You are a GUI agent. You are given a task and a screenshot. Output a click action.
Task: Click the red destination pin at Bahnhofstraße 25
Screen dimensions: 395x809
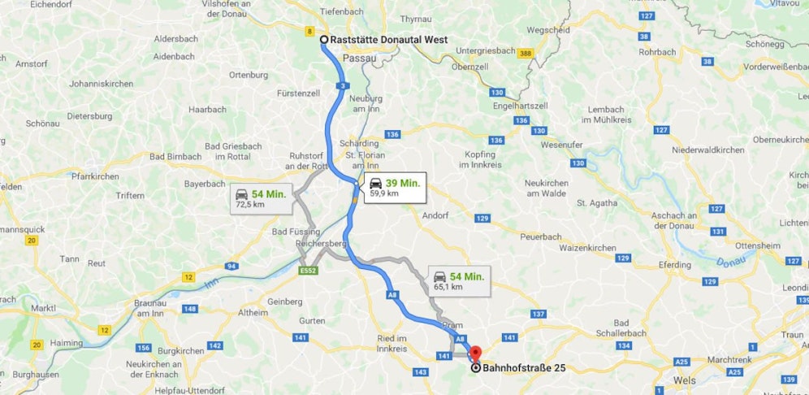pyautogui.click(x=475, y=353)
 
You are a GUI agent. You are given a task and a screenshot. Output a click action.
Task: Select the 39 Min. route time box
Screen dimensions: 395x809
pyautogui.click(x=394, y=187)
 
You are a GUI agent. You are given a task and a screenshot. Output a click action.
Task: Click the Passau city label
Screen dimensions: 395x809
pyautogui.click(x=360, y=59)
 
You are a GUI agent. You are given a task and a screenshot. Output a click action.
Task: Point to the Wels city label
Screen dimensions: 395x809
pyautogui.click(x=685, y=380)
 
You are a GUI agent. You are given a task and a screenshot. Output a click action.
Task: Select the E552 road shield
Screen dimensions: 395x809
pyautogui.click(x=308, y=270)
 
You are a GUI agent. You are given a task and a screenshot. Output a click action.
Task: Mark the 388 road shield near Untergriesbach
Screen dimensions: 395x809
pyautogui.click(x=526, y=54)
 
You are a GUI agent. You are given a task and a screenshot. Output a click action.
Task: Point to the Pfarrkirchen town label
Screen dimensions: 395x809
pyautogui.click(x=95, y=176)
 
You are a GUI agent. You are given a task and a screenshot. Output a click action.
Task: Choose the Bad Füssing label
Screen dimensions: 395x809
pyautogui.click(x=295, y=232)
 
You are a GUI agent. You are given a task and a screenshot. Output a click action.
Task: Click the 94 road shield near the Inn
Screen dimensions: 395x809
pyautogui.click(x=233, y=266)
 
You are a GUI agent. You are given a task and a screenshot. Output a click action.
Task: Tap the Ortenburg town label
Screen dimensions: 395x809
pyautogui.click(x=249, y=75)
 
